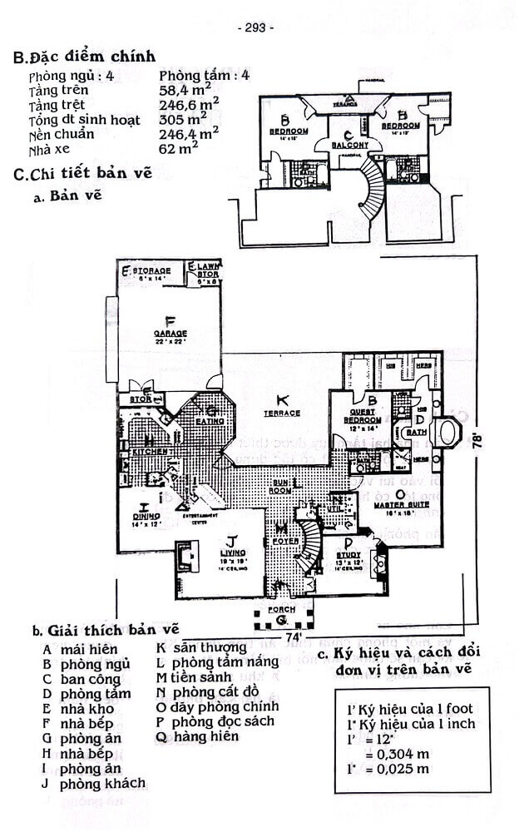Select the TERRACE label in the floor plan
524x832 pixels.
282,413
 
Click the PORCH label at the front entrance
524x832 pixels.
281,611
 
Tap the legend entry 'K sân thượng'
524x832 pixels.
202,647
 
